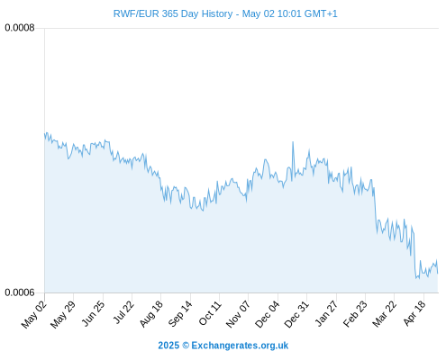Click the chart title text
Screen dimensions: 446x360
[225, 13]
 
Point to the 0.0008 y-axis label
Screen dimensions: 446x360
[20, 28]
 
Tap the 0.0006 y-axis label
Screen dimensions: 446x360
[20, 292]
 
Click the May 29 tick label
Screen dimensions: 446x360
[63, 314]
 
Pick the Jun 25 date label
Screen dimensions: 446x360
[93, 313]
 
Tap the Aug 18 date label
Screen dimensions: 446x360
[151, 313]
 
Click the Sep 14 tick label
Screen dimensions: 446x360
[180, 313]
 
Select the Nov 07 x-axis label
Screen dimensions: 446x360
[238, 314]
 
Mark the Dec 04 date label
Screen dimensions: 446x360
[268, 314]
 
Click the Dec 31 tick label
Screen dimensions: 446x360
[296, 314]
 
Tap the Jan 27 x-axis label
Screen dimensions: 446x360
[326, 313]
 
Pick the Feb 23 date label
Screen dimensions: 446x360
[355, 313]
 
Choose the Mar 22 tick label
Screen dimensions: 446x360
[385, 313]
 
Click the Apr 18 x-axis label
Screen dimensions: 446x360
[414, 313]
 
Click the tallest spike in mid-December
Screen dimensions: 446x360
[293, 142]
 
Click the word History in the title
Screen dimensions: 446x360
[217, 13]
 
